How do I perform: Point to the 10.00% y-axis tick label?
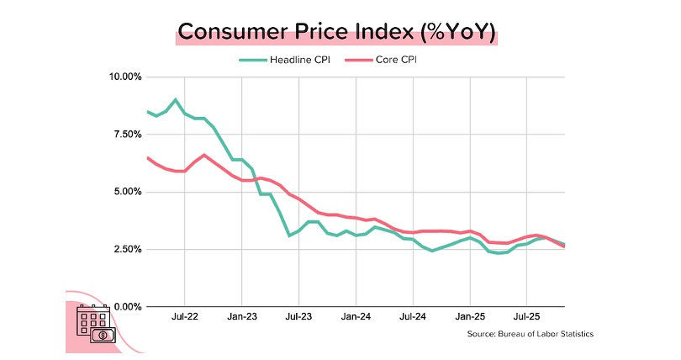(125, 77)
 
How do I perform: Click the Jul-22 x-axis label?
(184, 318)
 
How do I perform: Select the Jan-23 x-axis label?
(241, 318)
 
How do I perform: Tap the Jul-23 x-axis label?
(298, 318)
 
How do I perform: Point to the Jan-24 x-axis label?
(356, 318)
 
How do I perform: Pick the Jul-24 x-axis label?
(412, 318)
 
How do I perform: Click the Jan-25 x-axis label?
(469, 318)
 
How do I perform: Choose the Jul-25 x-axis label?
(526, 318)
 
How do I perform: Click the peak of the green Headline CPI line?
(175, 100)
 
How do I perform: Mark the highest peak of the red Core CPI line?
(204, 155)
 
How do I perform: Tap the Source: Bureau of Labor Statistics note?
(531, 334)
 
